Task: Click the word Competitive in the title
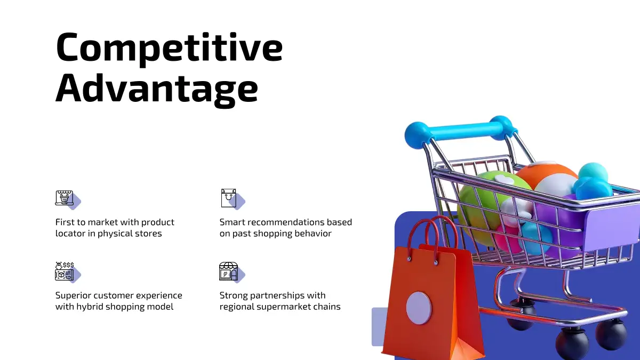169,48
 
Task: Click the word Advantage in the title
157,89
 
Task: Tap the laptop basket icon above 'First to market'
65,198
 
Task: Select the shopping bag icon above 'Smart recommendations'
229,198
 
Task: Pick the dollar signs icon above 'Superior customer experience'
65,271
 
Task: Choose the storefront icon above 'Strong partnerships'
229,271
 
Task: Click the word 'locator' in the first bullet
70,234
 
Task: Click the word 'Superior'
73,295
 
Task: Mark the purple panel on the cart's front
611,228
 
